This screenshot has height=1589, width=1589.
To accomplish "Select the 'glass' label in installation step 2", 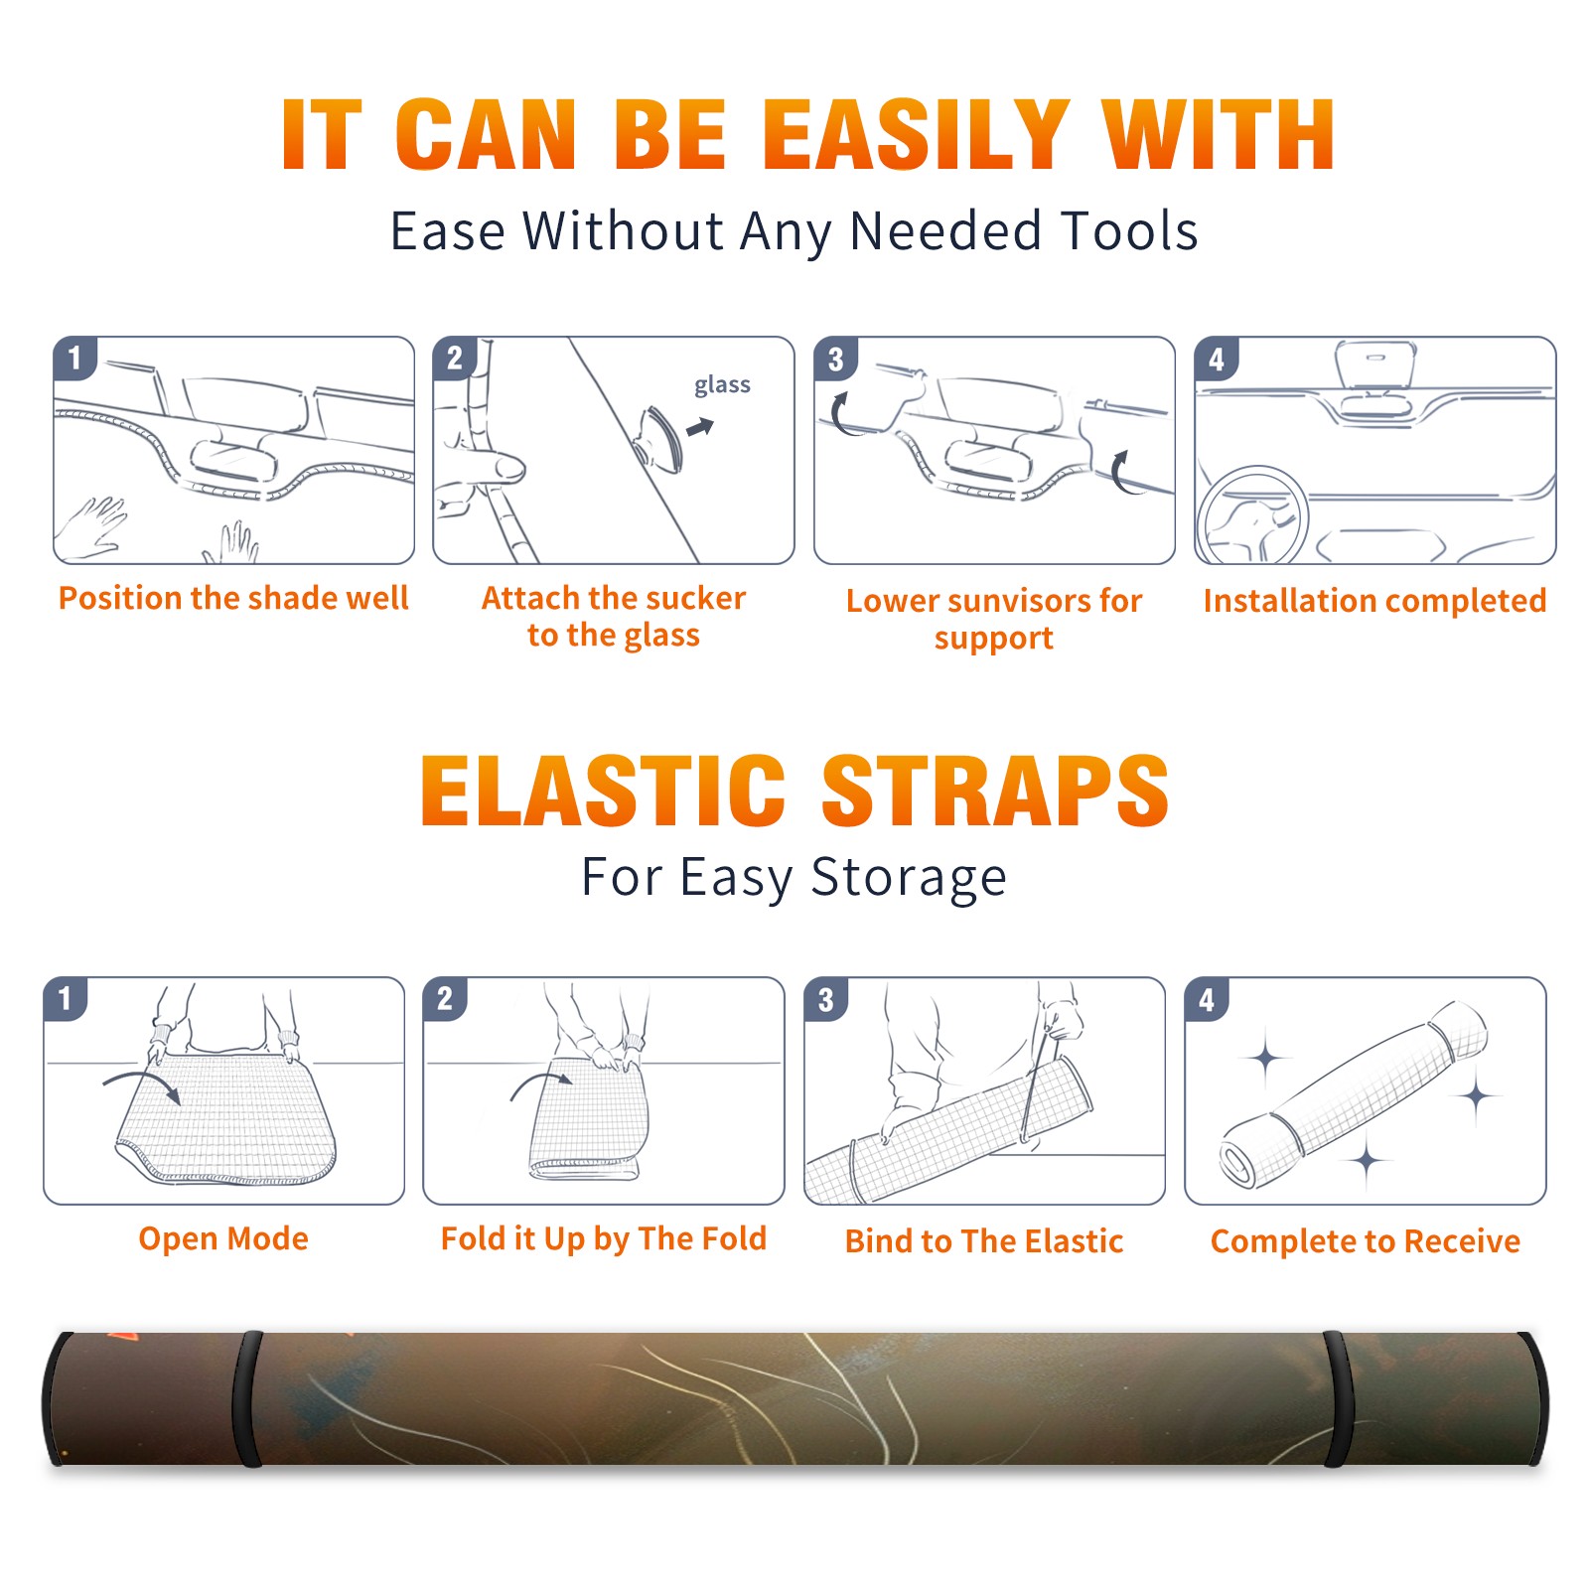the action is coord(722,385).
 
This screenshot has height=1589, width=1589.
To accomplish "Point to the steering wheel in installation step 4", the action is coord(1252,515).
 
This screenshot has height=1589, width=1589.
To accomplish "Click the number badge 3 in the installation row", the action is coord(835,359).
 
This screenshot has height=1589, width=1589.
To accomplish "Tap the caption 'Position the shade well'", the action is coord(233,598).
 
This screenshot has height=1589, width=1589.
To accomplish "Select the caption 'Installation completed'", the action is coord(1374,600).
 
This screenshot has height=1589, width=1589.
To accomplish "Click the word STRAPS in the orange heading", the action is coord(995,791).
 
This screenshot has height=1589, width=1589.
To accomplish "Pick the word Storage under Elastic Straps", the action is coord(909,878).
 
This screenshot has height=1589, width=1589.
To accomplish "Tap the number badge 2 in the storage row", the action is coord(444,998).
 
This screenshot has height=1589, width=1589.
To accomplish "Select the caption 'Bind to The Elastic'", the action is coord(984,1240).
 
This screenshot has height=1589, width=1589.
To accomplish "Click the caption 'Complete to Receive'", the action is coord(1366,1240).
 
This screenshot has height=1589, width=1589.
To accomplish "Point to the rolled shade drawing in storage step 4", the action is coord(1354,1094).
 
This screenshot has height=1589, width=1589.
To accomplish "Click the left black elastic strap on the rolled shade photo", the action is coord(247,1398).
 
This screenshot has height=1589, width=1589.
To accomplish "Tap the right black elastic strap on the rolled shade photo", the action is coord(1337,1398).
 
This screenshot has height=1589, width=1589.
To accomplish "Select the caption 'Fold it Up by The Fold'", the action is coord(604,1238).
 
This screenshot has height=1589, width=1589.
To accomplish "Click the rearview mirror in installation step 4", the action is coord(1374,363).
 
